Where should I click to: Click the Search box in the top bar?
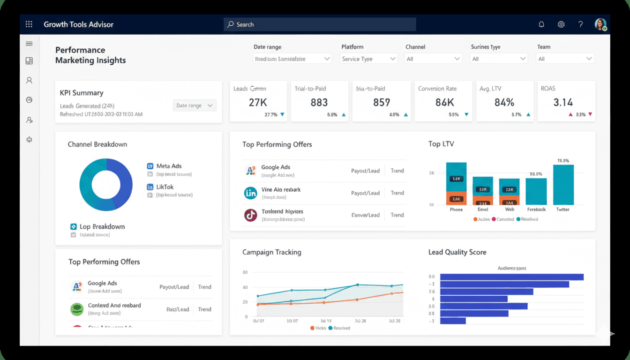point(320,24)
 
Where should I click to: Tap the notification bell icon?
point(541,24)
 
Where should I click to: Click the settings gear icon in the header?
point(561,24)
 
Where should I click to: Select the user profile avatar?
point(600,24)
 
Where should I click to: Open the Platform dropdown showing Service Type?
point(369,59)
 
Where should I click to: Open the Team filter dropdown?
point(565,59)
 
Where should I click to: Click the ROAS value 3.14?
point(563,102)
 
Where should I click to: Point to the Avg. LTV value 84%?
point(504,102)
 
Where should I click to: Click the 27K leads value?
point(258,102)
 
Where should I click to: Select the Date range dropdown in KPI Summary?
point(195,105)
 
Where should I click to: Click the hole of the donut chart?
point(106,185)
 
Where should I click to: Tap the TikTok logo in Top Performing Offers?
point(251,215)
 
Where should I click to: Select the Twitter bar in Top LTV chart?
point(563,185)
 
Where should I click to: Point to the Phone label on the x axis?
point(456,210)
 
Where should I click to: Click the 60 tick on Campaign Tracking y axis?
point(245,272)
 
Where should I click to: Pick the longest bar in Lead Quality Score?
point(511,277)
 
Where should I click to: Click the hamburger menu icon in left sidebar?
point(29,44)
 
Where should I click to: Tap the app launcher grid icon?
point(29,24)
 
